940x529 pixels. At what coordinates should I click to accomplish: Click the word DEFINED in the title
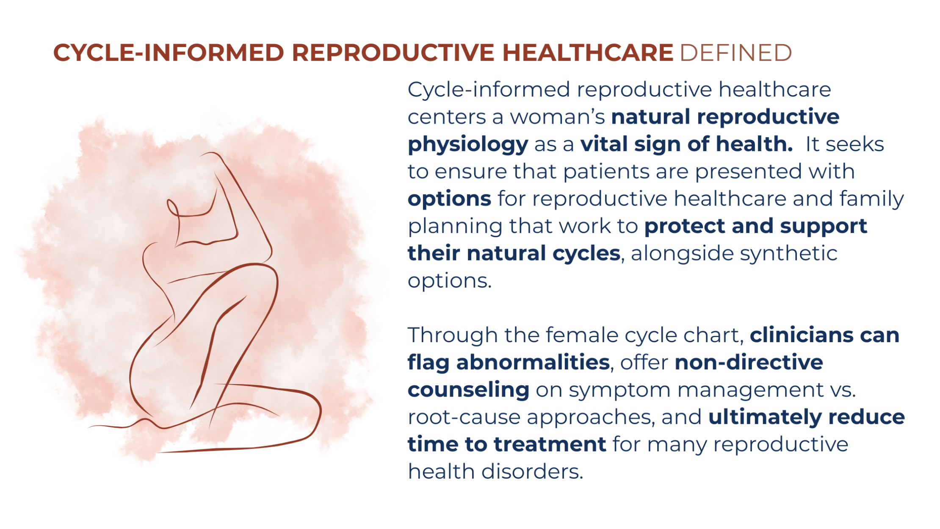[735, 53]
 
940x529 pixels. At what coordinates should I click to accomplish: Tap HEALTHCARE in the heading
[588, 53]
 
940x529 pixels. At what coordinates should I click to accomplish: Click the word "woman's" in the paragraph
[557, 117]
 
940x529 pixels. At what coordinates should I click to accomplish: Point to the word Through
[453, 335]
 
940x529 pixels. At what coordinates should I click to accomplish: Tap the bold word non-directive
[749, 363]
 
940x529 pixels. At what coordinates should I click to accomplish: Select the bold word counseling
[468, 390]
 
